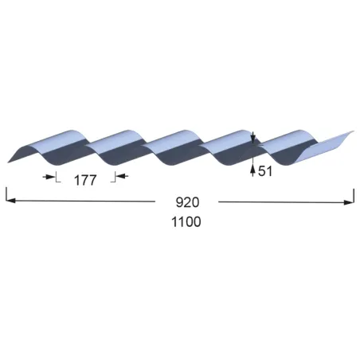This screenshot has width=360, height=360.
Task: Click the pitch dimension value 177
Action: [x=85, y=181]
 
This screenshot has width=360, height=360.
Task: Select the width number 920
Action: [x=187, y=202]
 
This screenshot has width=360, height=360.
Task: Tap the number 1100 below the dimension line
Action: [x=186, y=222]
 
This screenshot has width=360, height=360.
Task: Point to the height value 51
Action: [x=265, y=171]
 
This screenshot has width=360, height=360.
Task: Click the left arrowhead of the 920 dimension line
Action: [x=10, y=201]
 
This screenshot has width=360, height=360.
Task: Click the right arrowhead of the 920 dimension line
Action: [x=348, y=202]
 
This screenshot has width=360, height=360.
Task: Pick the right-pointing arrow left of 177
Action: [x=49, y=177]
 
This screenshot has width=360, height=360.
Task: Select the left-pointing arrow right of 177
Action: [x=122, y=176]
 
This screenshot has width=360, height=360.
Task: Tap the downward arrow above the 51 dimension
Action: [x=253, y=137]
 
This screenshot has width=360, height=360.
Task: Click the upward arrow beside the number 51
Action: [x=252, y=170]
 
